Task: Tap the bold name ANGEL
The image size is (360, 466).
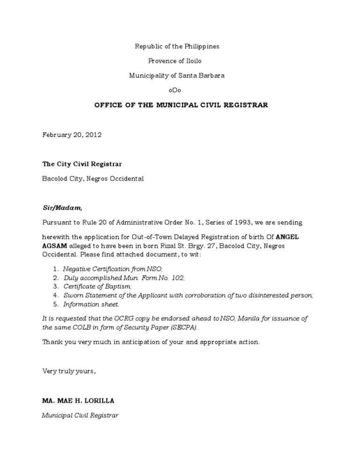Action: (x=287, y=237)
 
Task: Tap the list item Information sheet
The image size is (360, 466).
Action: (x=88, y=304)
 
